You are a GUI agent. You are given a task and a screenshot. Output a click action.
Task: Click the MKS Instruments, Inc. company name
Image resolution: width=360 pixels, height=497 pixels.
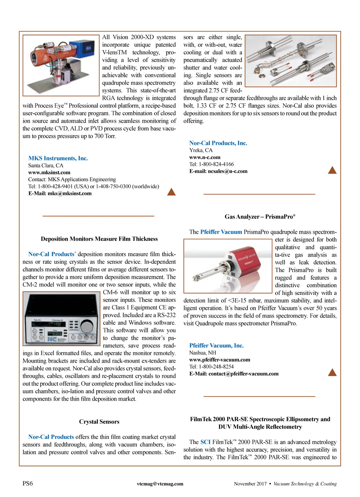(58, 158)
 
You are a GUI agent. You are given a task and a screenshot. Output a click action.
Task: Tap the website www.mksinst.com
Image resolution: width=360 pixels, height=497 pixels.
(49, 172)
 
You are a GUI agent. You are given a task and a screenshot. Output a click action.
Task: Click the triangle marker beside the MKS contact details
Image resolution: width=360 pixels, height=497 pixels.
(171, 192)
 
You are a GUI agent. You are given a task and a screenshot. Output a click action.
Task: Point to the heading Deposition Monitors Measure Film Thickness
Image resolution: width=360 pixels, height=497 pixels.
(99, 239)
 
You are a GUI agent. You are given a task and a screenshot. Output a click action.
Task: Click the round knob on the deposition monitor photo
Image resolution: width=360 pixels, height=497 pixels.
(87, 325)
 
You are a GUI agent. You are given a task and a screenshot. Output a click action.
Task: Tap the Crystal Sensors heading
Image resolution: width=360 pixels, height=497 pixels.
(99, 422)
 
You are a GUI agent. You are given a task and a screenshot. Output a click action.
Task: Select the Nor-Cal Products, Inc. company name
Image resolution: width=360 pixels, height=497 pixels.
(218, 143)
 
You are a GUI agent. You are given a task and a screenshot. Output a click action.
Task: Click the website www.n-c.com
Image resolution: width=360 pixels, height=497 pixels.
(205, 157)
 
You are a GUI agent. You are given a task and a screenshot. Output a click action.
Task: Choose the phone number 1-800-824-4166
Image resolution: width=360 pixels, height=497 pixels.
(216, 164)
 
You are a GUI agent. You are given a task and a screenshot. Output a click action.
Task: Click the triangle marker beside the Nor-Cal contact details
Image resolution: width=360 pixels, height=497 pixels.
(332, 170)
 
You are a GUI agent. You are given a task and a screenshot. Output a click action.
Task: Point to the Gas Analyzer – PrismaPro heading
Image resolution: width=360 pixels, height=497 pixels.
(260, 217)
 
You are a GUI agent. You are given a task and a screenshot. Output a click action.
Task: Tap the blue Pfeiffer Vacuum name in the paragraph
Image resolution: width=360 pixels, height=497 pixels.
(221, 232)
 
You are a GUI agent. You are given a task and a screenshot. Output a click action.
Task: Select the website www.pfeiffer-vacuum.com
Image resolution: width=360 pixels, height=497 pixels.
(220, 360)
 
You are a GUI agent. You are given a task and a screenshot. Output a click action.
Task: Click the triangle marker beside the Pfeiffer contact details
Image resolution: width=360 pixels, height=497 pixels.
(332, 373)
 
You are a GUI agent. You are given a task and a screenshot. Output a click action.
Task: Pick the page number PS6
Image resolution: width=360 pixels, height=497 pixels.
(28, 484)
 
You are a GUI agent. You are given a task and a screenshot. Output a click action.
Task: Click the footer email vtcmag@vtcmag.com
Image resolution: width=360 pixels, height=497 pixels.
(160, 484)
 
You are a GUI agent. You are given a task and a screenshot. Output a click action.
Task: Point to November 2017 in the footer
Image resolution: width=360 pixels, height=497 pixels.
(250, 484)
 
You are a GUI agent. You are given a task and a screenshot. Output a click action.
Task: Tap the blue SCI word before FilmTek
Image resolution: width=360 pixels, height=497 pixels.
(205, 442)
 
